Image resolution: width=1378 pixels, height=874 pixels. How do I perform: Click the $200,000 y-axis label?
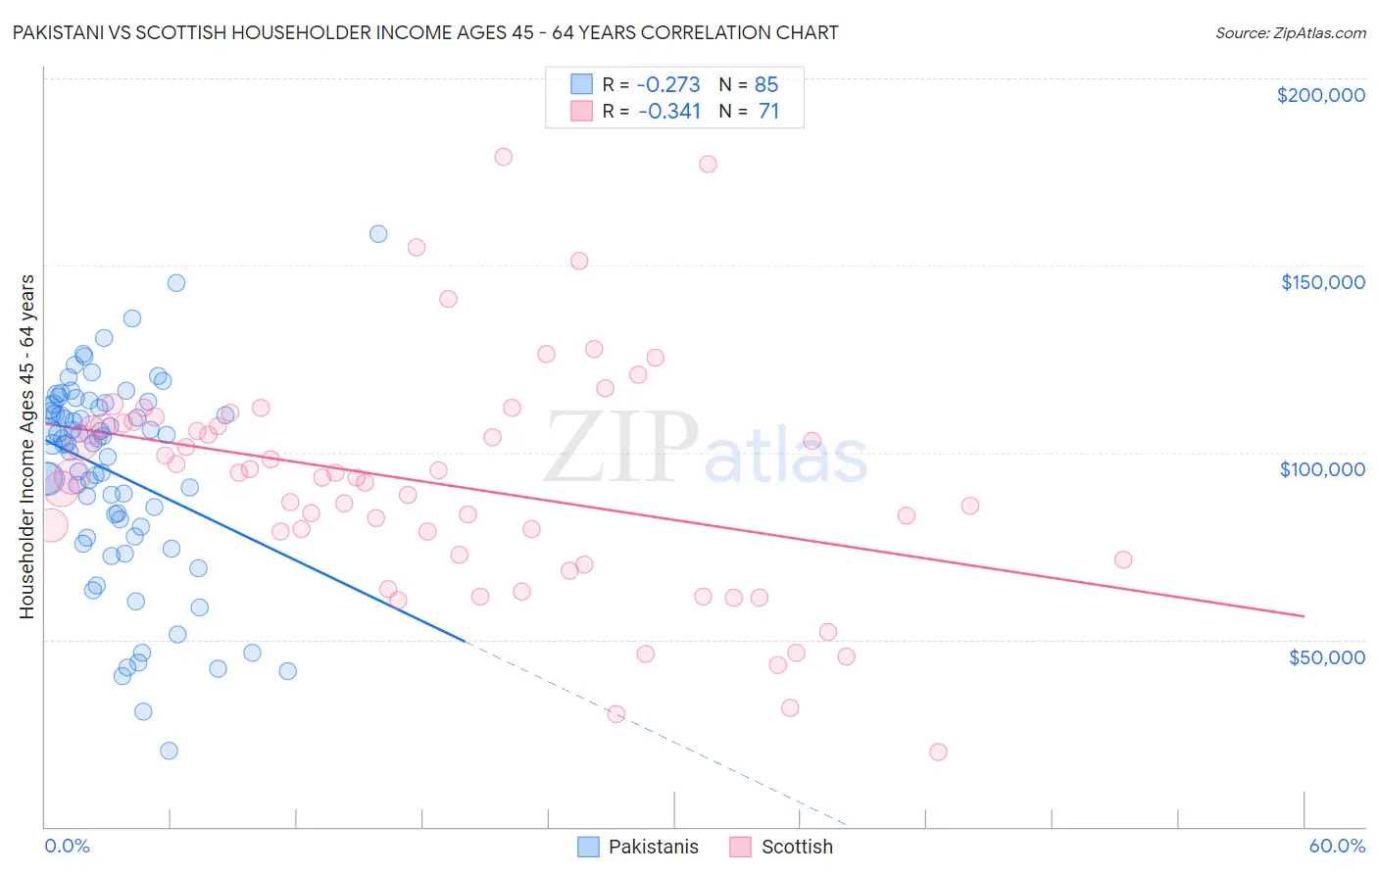pos(1320,95)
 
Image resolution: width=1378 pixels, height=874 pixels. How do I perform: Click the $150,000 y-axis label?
pos(1322,282)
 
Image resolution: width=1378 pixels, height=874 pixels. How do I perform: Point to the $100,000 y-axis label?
pos(1322,469)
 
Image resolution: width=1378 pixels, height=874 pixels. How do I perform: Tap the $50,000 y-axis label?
pos(1326,656)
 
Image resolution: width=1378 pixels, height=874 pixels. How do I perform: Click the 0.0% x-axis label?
pos(67,846)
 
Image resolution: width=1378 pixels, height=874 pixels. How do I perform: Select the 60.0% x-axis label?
pos(1337,846)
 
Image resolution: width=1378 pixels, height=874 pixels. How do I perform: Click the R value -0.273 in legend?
pos(668,84)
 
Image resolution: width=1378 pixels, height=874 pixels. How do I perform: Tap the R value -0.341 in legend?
pos(668,112)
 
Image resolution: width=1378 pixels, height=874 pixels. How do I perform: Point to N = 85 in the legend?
pos(749,84)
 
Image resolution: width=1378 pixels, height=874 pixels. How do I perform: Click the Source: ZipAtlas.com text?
pos(1290,32)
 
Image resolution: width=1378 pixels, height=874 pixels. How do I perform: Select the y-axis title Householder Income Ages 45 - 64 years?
pos(26,446)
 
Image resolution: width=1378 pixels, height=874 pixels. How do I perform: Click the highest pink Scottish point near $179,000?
pos(504,157)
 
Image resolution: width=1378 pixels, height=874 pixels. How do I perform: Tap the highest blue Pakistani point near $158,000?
pos(378,234)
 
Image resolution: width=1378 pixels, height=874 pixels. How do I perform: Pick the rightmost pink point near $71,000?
pos(1123,559)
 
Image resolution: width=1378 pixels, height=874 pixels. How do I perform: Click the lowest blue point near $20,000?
pos(169,751)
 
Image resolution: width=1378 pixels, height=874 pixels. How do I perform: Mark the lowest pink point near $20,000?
pos(938,752)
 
